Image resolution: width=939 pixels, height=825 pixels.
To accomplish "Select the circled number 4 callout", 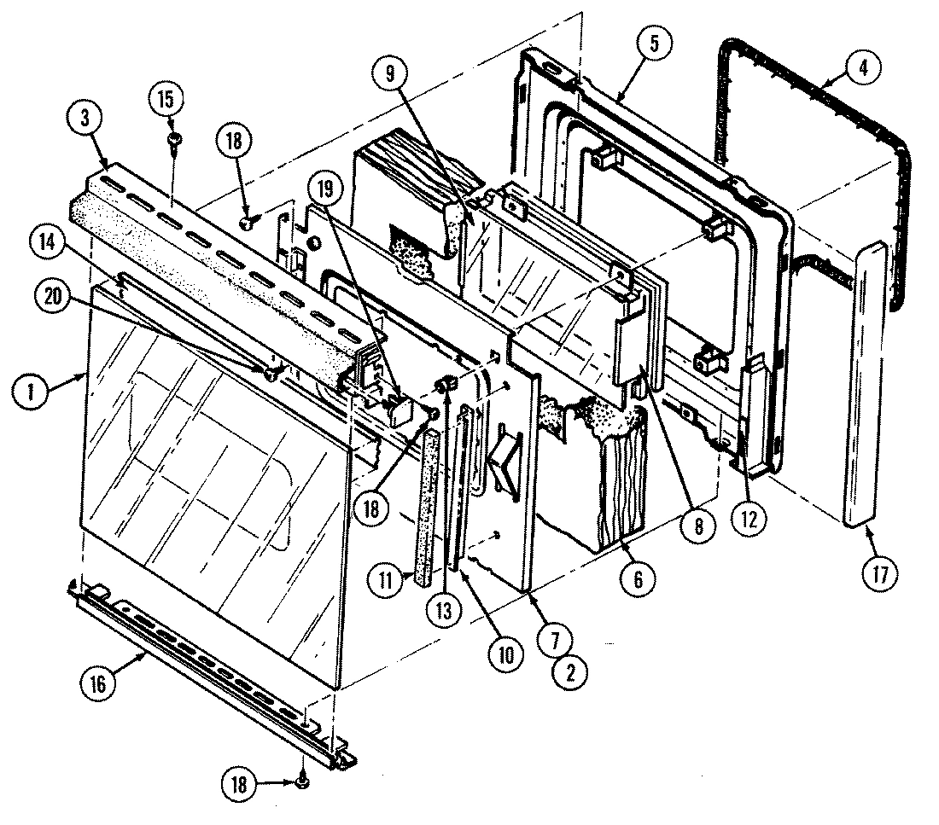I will click(863, 70).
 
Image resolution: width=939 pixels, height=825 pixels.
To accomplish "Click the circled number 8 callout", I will click(697, 526).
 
